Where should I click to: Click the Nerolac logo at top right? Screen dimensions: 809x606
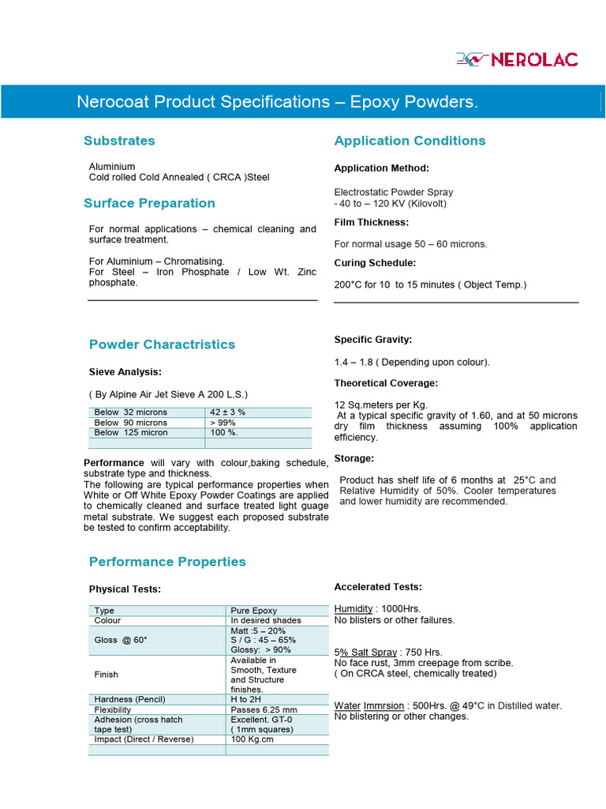tap(517, 59)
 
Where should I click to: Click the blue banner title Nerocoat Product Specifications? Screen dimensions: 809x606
tap(277, 102)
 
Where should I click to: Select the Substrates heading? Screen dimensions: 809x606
tap(119, 141)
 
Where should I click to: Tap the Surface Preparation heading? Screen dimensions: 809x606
tap(149, 203)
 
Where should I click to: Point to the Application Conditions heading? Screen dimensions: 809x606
tap(410, 141)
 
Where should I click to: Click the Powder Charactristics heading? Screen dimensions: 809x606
tap(162, 344)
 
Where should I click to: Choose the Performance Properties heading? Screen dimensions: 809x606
tap(167, 562)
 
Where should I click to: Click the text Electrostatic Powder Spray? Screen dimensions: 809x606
tap(394, 192)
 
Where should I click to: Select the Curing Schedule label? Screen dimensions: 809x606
tap(375, 262)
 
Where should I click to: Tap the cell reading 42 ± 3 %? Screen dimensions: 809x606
tap(228, 412)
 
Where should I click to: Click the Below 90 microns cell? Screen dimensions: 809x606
tap(131, 423)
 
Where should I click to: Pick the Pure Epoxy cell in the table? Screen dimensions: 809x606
tap(253, 611)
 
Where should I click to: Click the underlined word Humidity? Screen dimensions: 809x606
tap(353, 609)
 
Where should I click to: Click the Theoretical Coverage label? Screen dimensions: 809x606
tap(386, 383)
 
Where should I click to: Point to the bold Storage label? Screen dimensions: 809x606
tap(354, 458)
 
